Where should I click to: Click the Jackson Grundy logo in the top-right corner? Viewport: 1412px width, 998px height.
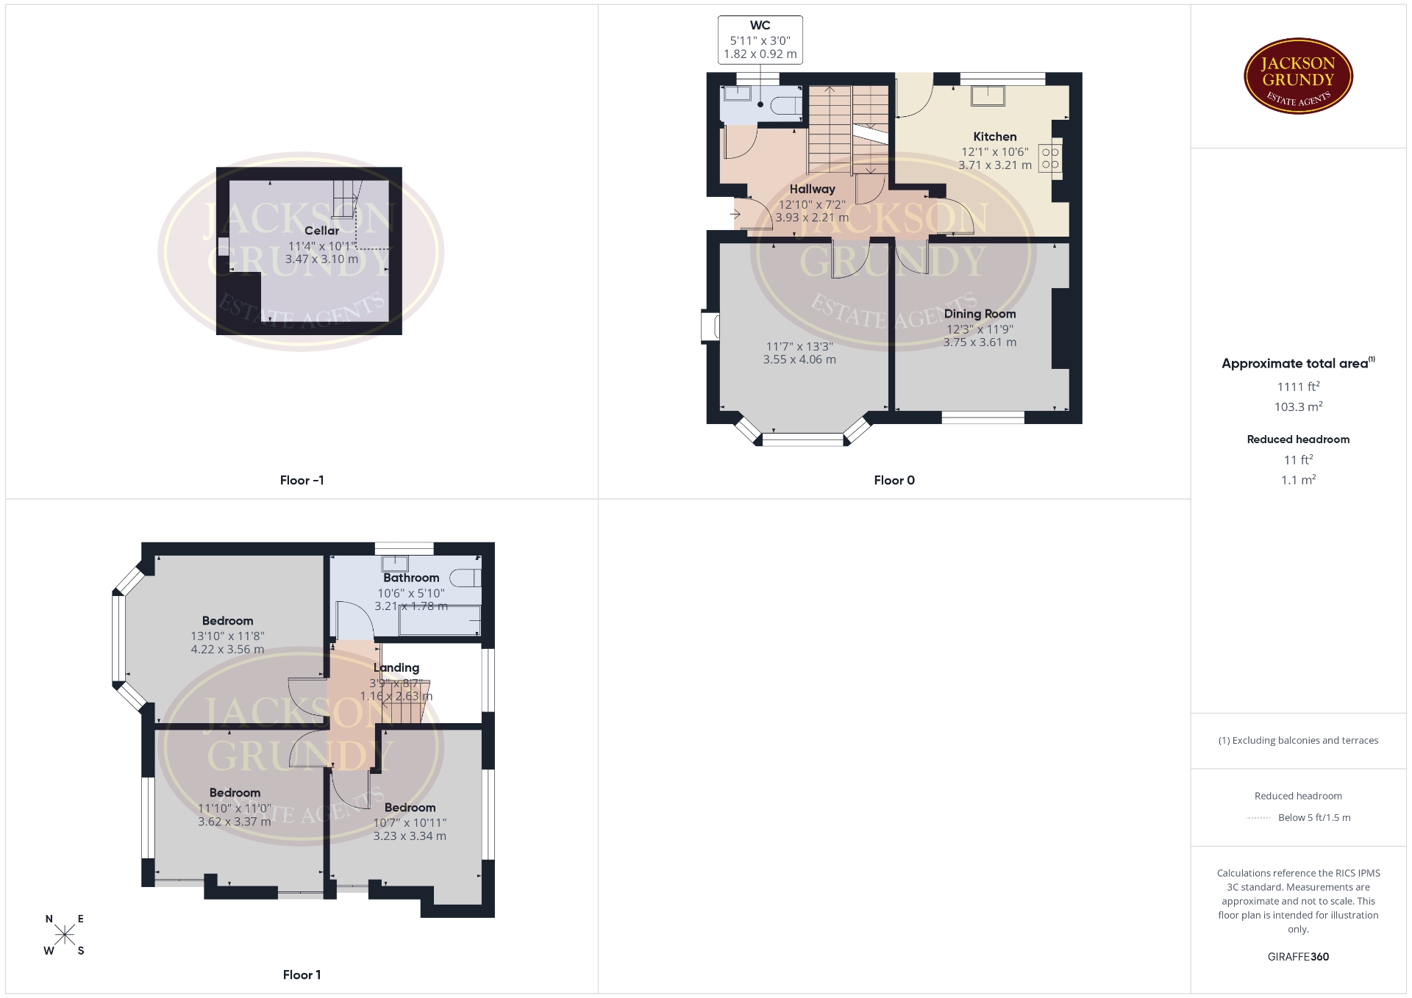(1298, 76)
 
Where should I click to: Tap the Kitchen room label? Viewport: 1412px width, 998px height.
(994, 137)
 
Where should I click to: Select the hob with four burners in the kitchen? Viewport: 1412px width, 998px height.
(1050, 158)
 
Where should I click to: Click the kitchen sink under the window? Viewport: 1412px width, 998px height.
(988, 96)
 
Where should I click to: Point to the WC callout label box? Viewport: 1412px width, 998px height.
(760, 40)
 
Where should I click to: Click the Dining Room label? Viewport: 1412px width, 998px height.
(980, 314)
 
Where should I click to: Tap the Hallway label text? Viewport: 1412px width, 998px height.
(812, 190)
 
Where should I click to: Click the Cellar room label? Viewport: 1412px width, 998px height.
(321, 231)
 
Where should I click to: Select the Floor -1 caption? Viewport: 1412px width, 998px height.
(302, 481)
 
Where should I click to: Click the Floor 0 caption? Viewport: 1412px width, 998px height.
(894, 481)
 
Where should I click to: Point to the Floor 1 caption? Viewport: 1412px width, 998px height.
(302, 975)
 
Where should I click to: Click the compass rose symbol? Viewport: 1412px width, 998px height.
(65, 935)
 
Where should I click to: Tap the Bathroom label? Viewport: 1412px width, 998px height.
(411, 578)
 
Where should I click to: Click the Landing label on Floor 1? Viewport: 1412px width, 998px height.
(396, 668)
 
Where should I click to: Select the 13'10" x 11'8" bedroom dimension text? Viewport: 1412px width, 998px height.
(227, 636)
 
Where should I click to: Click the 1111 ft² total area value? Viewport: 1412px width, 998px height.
(1298, 387)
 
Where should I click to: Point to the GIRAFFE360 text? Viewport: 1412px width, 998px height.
(1298, 957)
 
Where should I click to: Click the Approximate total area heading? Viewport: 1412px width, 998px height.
(1298, 363)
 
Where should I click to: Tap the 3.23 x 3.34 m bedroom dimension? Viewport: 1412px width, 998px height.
(410, 836)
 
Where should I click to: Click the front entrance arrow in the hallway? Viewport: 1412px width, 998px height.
(735, 215)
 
